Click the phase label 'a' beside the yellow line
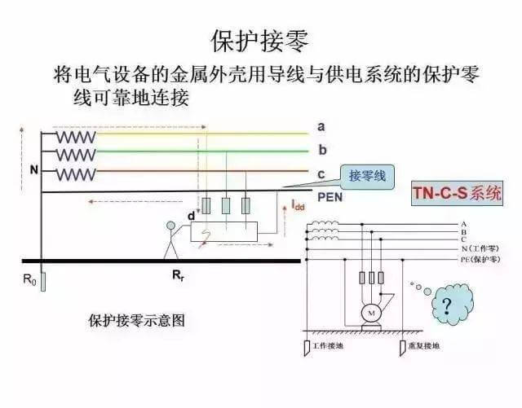[321, 126]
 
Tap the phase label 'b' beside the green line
[322, 150]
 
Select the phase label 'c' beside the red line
[321, 173]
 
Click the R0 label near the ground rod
[30, 279]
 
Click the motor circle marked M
[372, 314]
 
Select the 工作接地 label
[327, 345]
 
